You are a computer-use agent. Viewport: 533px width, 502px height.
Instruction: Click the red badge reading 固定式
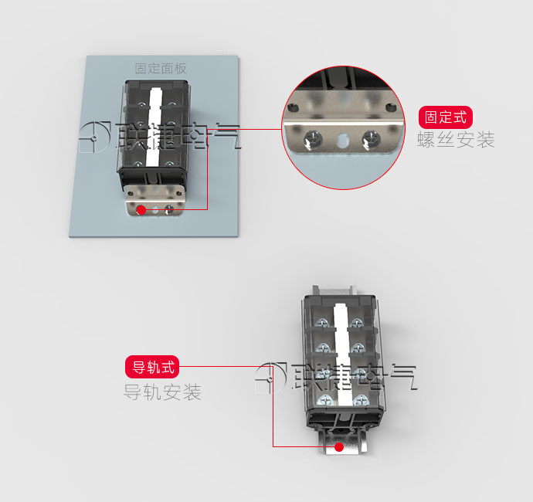[445, 117]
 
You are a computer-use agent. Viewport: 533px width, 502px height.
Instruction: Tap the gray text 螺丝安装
[456, 139]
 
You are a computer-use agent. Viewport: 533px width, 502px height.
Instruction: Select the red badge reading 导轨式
[152, 367]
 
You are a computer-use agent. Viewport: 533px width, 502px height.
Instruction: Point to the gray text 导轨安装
[162, 392]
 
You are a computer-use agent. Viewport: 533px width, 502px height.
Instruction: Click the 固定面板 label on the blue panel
[161, 68]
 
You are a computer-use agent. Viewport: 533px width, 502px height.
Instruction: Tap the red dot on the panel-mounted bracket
[141, 210]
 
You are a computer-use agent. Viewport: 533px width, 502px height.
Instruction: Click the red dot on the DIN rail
[339, 447]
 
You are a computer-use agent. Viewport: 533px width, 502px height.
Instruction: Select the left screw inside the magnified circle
[313, 140]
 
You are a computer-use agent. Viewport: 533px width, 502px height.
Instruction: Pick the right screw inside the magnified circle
[371, 140]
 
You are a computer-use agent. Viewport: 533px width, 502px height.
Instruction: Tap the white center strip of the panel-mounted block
[154, 127]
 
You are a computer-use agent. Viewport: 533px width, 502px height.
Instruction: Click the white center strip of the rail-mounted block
[342, 354]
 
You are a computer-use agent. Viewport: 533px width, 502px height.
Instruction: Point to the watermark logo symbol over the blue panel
[94, 137]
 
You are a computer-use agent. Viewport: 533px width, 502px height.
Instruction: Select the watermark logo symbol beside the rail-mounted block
[271, 378]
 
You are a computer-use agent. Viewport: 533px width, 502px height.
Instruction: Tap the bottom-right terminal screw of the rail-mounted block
[360, 400]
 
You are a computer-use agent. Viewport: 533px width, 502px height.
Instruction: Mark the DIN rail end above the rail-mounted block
[334, 290]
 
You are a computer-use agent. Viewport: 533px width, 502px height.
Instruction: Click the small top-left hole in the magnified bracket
[293, 108]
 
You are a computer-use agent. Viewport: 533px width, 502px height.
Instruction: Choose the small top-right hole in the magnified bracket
[391, 108]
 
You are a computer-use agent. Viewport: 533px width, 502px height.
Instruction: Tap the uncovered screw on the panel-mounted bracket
[169, 209]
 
